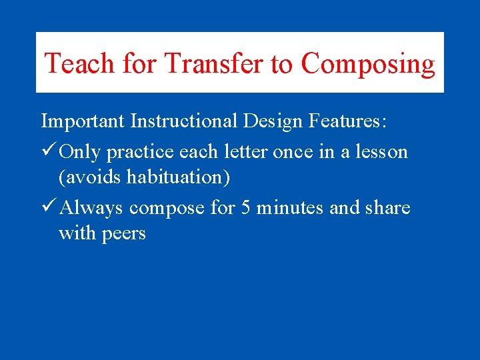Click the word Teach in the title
coord(81,64)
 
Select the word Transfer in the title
coord(214,64)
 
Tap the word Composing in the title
coord(368,64)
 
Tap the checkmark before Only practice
coord(48,151)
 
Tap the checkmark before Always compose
coord(48,207)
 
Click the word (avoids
coord(90,177)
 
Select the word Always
coord(92,208)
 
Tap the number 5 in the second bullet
coord(245,208)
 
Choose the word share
coord(387,208)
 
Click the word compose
coord(167,209)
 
